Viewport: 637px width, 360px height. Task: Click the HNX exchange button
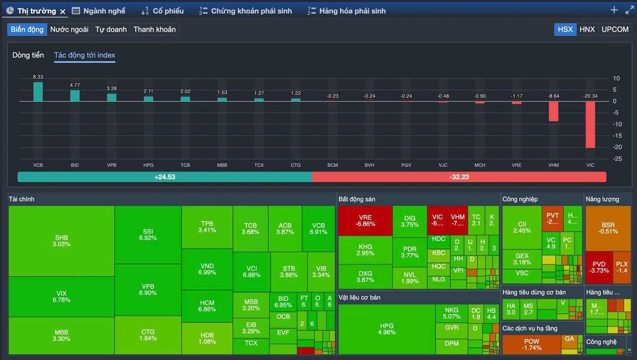587,29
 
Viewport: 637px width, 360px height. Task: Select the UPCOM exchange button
615,29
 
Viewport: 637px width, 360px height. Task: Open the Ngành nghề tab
99,11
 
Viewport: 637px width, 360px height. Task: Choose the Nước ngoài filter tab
69,29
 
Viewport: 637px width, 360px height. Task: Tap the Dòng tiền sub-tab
28,55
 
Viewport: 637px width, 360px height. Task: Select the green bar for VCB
38,91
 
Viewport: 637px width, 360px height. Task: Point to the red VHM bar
554,111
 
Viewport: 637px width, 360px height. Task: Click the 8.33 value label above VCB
38,77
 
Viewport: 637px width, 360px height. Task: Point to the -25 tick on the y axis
616,159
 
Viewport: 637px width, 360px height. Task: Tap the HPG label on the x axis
149,165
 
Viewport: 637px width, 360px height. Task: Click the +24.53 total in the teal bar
165,177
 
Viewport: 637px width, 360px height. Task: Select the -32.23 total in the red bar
459,177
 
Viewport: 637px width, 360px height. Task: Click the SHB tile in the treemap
62,241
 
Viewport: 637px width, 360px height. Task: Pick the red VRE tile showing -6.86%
365,220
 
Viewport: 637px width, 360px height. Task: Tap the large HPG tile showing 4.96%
387,329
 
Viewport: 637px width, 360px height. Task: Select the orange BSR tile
608,228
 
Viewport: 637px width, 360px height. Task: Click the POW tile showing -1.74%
531,345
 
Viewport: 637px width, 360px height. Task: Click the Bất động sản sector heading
357,199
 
